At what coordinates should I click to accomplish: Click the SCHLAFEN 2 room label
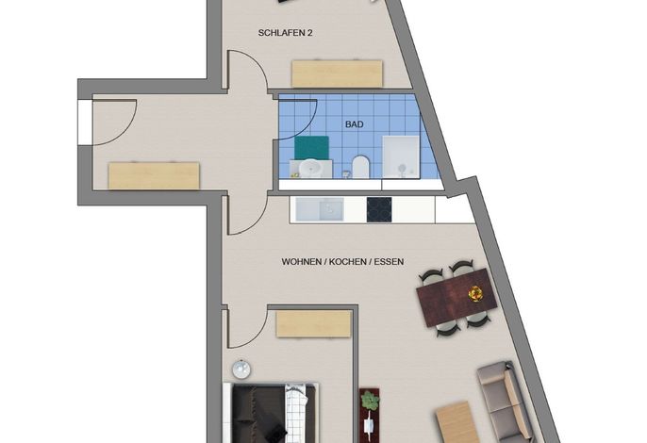[x=285, y=33]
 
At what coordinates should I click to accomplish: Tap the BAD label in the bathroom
[x=355, y=124]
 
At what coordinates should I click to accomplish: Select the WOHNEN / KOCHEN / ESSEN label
[x=342, y=261]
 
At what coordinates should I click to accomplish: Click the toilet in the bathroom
[x=360, y=166]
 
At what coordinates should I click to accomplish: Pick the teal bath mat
[x=311, y=147]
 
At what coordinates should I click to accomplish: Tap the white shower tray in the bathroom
[x=401, y=157]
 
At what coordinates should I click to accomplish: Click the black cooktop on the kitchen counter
[x=379, y=209]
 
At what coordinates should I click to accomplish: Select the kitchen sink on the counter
[x=320, y=209]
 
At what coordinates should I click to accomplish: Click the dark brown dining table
[x=456, y=297]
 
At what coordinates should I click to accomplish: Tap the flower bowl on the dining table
[x=475, y=294]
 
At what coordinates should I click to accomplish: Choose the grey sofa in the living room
[x=506, y=402]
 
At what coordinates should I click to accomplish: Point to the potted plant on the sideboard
[x=370, y=401]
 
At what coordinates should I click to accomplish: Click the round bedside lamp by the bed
[x=241, y=369]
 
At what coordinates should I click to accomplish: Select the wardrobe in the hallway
[x=154, y=175]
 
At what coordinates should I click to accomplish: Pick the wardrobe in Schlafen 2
[x=337, y=74]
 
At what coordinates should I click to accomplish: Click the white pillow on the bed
[x=296, y=413]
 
